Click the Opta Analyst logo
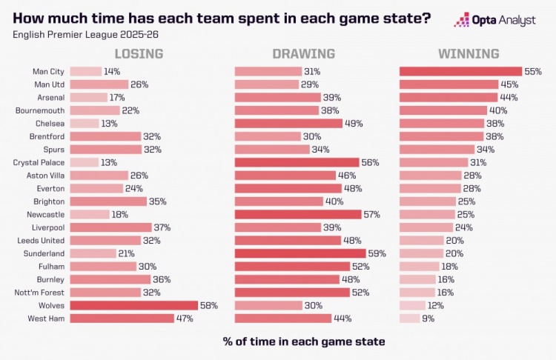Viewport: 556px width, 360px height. pyautogui.click(x=494, y=20)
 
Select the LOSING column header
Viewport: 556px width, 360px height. pyautogui.click(x=139, y=54)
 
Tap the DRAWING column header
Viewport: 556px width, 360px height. pyautogui.click(x=303, y=54)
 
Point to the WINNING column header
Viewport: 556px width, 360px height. pyautogui.click(x=468, y=54)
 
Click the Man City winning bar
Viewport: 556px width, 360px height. pyautogui.click(x=460, y=72)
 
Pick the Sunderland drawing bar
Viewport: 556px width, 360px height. pyautogui.click(x=298, y=253)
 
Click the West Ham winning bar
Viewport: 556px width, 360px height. pyautogui.click(x=409, y=319)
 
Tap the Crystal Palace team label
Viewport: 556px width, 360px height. pyautogui.click(x=39, y=162)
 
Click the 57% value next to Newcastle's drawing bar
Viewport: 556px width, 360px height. pyautogui.click(x=374, y=214)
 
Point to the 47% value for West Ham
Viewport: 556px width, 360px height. pyautogui.click(x=184, y=319)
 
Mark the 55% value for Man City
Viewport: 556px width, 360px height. pyautogui.click(x=533, y=72)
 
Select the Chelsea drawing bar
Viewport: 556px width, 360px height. pyautogui.click(x=288, y=124)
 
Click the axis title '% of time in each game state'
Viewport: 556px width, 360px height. pyautogui.click(x=304, y=341)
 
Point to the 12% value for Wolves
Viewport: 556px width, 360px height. pyautogui.click(x=437, y=305)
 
